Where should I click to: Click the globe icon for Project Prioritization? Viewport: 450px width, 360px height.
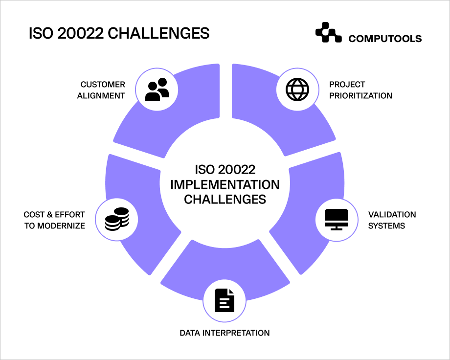point(297,90)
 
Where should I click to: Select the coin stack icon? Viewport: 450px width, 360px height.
point(117,219)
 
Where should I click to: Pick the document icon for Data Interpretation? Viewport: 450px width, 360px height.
point(225,300)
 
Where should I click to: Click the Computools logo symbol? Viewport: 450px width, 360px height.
point(328,33)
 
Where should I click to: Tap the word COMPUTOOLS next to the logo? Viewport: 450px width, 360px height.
point(385,39)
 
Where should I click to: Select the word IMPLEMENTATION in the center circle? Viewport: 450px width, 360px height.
point(225,184)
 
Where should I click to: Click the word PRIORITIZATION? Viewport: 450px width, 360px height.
point(360,95)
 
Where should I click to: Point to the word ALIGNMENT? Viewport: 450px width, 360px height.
point(101,95)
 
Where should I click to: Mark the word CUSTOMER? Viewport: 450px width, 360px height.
point(103,85)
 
